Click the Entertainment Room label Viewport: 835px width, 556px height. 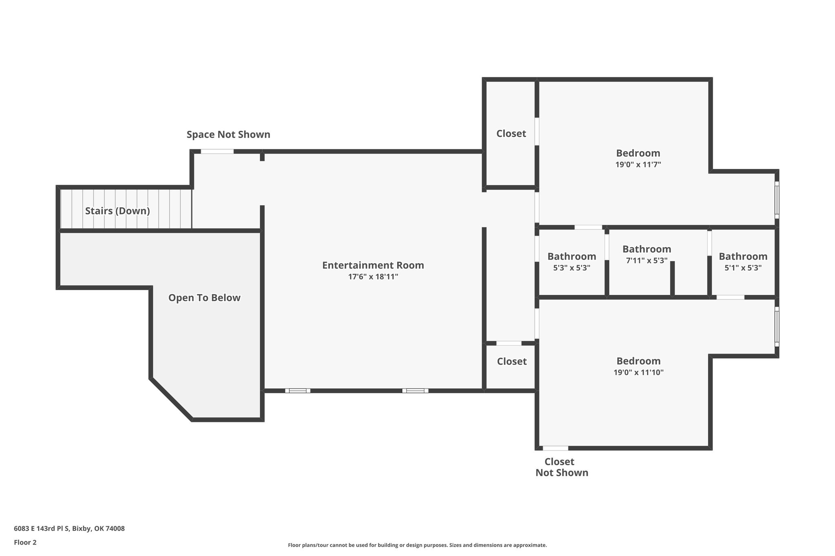(x=373, y=265)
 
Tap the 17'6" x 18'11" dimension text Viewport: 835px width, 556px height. (x=373, y=277)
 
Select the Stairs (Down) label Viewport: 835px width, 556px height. (x=117, y=211)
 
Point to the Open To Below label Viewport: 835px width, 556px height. (x=204, y=298)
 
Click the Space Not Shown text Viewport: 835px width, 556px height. (x=228, y=134)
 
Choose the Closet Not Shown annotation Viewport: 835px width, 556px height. (x=562, y=467)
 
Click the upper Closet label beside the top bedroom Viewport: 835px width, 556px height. (x=511, y=134)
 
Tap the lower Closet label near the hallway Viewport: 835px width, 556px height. (x=512, y=361)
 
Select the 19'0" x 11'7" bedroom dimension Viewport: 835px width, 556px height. (x=638, y=165)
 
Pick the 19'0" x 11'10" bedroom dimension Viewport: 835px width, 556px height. (x=638, y=372)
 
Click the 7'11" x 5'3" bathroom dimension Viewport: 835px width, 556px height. (x=647, y=260)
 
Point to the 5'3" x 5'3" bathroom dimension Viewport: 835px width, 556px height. (x=572, y=268)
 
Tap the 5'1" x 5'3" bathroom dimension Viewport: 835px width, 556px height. (x=743, y=268)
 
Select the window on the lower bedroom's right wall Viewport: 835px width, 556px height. (x=777, y=326)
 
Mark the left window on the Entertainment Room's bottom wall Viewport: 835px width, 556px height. (x=298, y=391)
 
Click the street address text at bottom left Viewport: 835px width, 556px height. (x=69, y=529)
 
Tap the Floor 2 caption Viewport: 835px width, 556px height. (x=25, y=543)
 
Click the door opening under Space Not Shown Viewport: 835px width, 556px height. (x=217, y=152)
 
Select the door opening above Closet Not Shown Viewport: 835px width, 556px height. (x=555, y=448)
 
